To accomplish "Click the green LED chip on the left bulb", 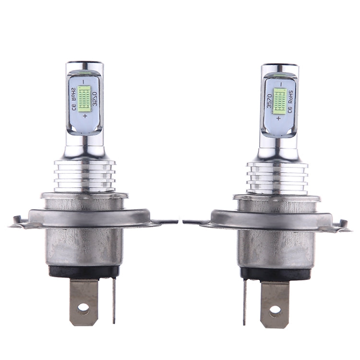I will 84,98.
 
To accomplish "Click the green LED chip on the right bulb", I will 280,100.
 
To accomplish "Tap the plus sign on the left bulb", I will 85,117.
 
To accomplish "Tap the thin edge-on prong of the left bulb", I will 114,300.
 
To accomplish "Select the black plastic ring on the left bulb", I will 84,272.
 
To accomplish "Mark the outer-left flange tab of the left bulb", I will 17,222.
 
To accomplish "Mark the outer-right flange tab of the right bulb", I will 343,225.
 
